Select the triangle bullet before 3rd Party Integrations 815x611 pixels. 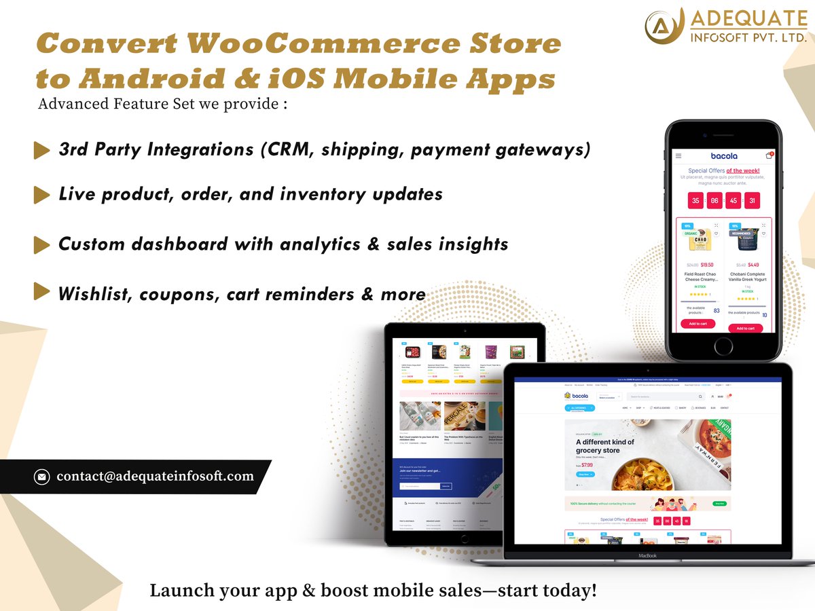41,151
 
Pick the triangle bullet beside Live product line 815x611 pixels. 41,195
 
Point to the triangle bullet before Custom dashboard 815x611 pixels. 41,244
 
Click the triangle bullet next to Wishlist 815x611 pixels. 41,292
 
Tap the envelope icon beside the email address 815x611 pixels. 42,477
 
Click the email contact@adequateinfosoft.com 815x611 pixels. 155,477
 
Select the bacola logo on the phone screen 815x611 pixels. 723,155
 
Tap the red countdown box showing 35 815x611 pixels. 695,201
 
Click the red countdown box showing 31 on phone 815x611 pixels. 751,201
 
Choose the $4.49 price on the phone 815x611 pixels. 753,265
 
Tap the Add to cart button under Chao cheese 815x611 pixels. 698,324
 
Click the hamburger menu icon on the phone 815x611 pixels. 678,155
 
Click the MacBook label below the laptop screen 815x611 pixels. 648,555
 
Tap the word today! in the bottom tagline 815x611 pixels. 572,590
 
